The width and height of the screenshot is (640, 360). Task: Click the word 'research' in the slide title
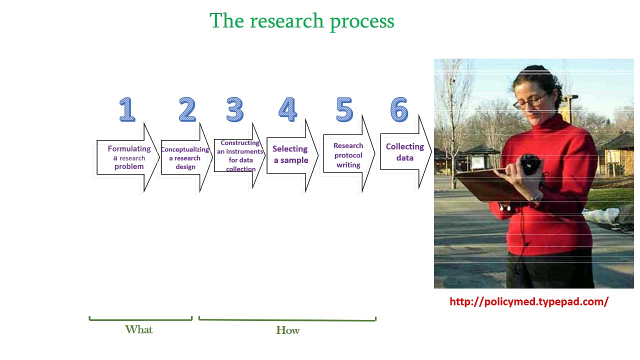coord(286,21)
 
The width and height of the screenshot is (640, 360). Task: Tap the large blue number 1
coord(127,109)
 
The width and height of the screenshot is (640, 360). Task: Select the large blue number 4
coord(287,109)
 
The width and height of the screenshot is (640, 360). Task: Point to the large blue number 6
coord(399,109)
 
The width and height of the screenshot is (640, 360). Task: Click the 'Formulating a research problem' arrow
coord(127,157)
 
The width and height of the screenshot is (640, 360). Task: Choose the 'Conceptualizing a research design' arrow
coord(186,157)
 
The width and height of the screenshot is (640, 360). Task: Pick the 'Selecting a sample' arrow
coord(292,155)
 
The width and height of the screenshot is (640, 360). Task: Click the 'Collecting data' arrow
coord(405,152)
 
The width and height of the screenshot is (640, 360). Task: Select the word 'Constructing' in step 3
coord(240,142)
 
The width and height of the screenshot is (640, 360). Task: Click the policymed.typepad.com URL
coord(529,301)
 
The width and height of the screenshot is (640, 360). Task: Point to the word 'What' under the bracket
coord(139,329)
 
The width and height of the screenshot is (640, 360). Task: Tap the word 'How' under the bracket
coord(287,330)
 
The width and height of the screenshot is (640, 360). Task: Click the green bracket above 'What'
coord(140,319)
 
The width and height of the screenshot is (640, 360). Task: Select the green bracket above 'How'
coord(287,320)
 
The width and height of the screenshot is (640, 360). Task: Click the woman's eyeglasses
coord(530,101)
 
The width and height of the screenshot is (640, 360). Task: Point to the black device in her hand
coord(530,164)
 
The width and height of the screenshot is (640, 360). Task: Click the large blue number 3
coord(235,109)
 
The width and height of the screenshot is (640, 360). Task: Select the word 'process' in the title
coord(362,22)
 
